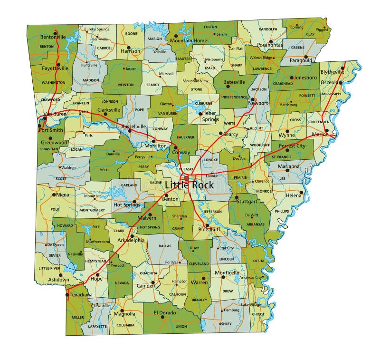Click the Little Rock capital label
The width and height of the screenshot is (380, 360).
click(189, 185)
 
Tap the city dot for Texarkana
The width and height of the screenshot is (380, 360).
click(66, 295)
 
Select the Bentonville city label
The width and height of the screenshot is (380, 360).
click(53, 37)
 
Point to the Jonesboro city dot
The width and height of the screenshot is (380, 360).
click(291, 77)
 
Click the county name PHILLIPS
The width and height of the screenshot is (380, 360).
click(282, 211)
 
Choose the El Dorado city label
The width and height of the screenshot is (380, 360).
click(164, 313)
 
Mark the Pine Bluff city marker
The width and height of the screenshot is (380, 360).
click(207, 225)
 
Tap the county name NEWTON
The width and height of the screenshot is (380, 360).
click(126, 85)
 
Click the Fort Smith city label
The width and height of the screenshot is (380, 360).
click(51, 130)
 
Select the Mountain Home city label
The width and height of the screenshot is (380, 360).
click(189, 41)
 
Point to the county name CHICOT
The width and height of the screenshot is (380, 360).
click(258, 314)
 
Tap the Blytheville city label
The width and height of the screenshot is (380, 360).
click(332, 72)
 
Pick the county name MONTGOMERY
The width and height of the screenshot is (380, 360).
click(92, 210)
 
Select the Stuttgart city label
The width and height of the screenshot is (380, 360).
click(246, 202)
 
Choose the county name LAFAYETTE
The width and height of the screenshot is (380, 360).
click(97, 326)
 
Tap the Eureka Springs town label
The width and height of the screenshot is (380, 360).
click(96, 29)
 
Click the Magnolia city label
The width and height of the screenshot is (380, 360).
click(124, 314)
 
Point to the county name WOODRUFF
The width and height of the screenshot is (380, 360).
click(260, 144)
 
